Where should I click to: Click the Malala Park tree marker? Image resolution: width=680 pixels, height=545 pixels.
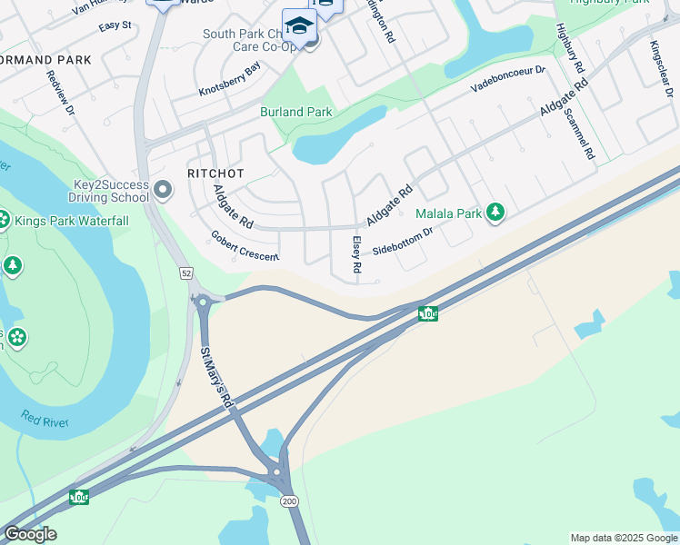tap(495, 213)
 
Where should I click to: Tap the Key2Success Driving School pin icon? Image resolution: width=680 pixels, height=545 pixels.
tap(163, 191)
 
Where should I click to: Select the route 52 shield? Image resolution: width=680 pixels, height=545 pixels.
tap(185, 272)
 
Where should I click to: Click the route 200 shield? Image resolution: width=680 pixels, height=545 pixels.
tap(290, 501)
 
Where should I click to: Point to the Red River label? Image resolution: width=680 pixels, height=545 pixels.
tap(43, 419)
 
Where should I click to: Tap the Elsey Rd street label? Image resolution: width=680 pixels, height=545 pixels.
tap(356, 255)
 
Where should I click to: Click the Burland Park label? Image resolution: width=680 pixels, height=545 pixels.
tap(296, 112)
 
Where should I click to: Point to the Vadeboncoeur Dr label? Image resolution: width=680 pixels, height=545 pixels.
tap(508, 79)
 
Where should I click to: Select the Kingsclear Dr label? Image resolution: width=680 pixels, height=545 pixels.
tap(662, 70)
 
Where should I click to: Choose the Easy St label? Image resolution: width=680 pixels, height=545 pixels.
tap(115, 25)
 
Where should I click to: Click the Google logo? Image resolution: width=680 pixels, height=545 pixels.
tap(30, 534)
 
